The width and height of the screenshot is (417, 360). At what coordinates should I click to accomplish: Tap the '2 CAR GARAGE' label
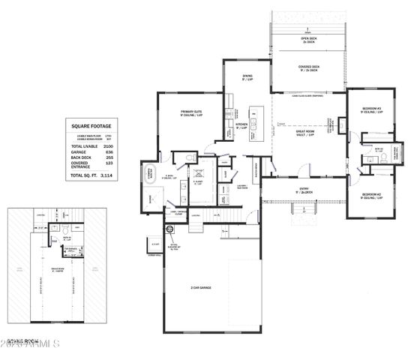[200, 288]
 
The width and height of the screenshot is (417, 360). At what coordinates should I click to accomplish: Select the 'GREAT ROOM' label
[304, 132]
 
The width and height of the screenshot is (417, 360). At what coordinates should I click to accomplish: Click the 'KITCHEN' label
[242, 124]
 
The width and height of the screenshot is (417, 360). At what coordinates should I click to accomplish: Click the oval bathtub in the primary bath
[149, 171]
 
